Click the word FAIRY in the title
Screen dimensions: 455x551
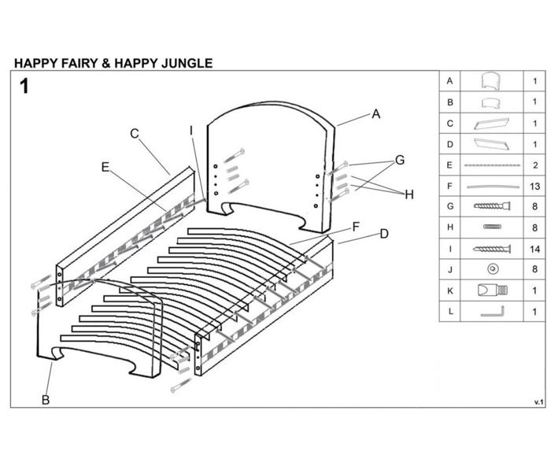(x=74, y=63)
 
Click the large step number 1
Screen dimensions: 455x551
(x=24, y=87)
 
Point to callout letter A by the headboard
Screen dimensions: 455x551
(x=376, y=114)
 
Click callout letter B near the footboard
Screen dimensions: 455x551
(x=46, y=400)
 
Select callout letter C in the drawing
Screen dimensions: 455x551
(x=135, y=134)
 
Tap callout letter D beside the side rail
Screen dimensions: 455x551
(x=383, y=234)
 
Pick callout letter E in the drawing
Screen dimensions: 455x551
(x=105, y=167)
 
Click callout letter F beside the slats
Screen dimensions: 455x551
(x=356, y=227)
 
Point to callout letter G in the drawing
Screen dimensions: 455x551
(x=399, y=161)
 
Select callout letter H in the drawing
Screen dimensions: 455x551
(x=409, y=194)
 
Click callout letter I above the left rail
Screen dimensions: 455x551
(x=190, y=130)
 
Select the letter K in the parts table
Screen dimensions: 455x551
(x=449, y=290)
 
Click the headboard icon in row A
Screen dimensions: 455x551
(x=492, y=81)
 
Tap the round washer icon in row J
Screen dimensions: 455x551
(x=492, y=269)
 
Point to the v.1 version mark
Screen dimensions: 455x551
(x=538, y=401)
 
